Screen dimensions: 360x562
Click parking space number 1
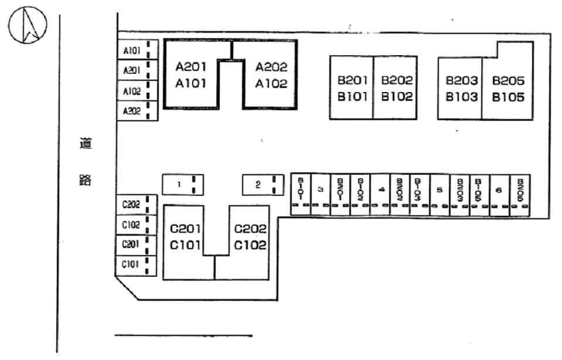click(x=183, y=185)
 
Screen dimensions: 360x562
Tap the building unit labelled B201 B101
click(x=352, y=88)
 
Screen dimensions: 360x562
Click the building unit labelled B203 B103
click(x=461, y=88)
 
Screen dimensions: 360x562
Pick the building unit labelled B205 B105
click(x=508, y=88)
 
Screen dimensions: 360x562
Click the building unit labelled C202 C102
click(x=250, y=237)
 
